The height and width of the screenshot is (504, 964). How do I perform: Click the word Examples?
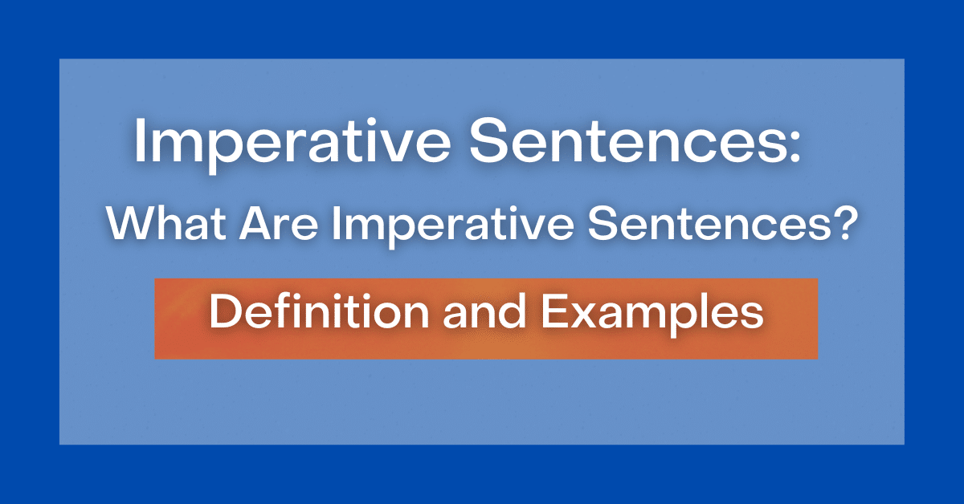click(x=652, y=315)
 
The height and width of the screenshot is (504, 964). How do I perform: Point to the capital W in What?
click(x=128, y=226)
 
